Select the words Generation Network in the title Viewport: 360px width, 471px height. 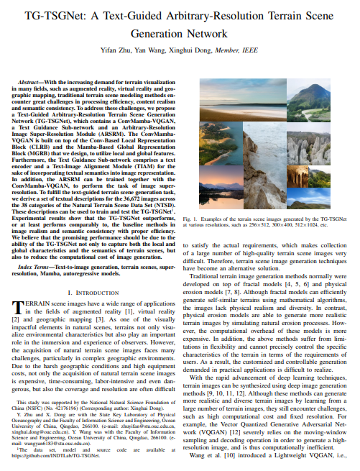click(x=180, y=33)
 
